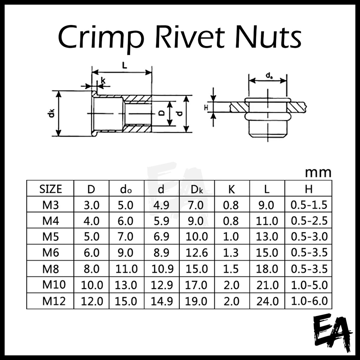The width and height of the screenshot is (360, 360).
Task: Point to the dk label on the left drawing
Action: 52,113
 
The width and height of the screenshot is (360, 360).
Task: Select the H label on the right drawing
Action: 207,107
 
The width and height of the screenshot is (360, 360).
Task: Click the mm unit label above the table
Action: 318,173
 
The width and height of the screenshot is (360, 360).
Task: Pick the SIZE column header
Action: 50,189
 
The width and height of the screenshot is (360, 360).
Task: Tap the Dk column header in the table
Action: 197,189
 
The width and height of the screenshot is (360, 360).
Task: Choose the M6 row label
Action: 50,252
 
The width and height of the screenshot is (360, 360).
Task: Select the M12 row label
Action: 53,301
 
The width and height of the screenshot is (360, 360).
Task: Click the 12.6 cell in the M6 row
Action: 197,252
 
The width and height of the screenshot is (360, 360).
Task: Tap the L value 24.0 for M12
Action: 267,301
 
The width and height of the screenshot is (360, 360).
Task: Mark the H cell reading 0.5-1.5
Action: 309,205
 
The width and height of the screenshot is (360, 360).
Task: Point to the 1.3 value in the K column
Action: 231,252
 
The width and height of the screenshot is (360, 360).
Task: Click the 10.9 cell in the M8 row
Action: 162,269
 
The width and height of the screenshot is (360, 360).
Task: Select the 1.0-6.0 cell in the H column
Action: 309,301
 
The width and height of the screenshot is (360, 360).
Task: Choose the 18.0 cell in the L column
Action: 267,269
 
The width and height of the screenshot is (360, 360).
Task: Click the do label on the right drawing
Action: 269,75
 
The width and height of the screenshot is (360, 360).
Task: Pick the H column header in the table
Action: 309,189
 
